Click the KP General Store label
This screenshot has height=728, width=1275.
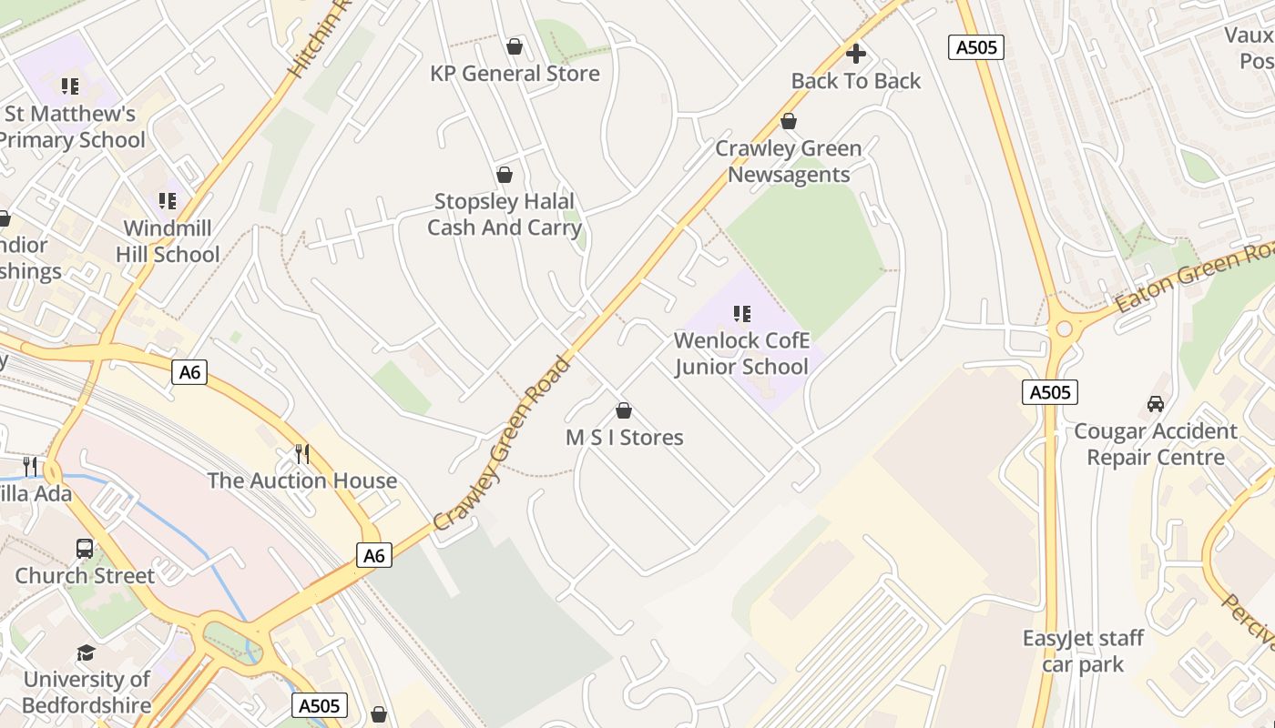(515, 74)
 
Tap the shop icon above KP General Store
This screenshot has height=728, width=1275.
(515, 46)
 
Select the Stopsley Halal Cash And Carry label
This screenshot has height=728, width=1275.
(504, 214)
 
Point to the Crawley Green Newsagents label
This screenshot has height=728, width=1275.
(789, 161)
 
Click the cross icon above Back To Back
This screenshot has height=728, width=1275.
(856, 54)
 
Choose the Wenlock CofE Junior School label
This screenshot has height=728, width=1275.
(740, 353)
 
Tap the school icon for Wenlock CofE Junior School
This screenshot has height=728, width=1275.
(742, 314)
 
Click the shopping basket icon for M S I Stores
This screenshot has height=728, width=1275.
(624, 410)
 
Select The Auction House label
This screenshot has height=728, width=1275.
(301, 480)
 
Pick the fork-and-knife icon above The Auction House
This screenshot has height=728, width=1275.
(302, 453)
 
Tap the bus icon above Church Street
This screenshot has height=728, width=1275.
(85, 549)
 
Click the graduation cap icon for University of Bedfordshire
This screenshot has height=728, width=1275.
(86, 652)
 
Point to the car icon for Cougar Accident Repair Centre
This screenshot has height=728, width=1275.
(1155, 403)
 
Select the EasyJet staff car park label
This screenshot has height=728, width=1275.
(1083, 651)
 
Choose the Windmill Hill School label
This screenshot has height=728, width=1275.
(168, 241)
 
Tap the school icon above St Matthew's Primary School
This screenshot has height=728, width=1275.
(70, 87)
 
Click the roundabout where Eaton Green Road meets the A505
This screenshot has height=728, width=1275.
(1061, 328)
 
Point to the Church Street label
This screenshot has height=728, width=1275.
(85, 576)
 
